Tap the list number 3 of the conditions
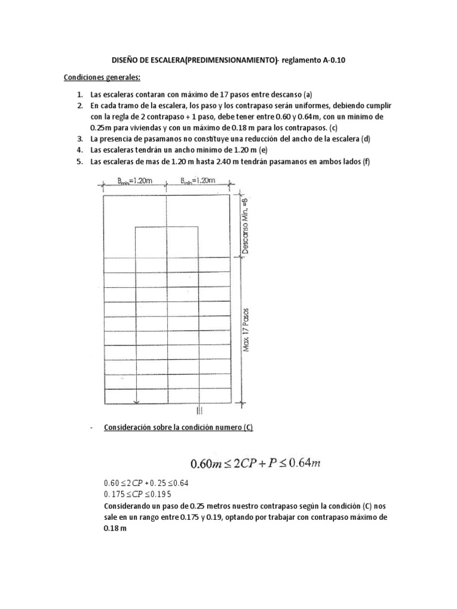coord(79,139)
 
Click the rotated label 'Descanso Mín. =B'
coord(247,224)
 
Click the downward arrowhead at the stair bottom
coord(137,403)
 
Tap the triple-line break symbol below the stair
coord(199,410)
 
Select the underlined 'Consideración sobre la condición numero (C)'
coord(179,428)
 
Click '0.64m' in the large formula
coord(303,463)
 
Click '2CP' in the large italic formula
coord(246,463)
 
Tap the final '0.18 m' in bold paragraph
coord(116,528)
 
